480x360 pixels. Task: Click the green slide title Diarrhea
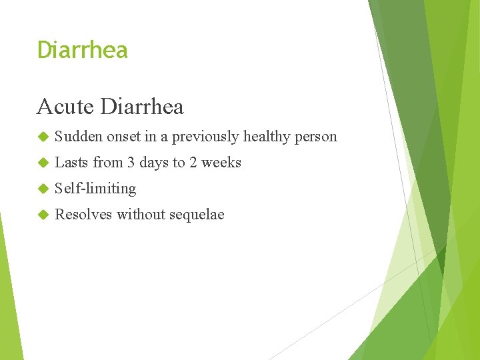[x=82, y=50]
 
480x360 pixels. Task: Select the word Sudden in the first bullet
[x=78, y=137]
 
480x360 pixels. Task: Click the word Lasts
[x=71, y=163]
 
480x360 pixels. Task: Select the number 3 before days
[x=131, y=163]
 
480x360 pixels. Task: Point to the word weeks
[x=221, y=163]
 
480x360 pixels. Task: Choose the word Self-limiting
[x=95, y=189]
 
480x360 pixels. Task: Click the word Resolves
[x=83, y=215]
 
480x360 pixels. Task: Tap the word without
[x=141, y=215]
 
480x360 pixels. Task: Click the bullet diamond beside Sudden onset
[x=43, y=137]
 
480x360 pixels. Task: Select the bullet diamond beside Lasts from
[x=43, y=163]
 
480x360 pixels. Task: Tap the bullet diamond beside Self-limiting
[x=43, y=189]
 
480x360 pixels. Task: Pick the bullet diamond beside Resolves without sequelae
[x=43, y=215]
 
